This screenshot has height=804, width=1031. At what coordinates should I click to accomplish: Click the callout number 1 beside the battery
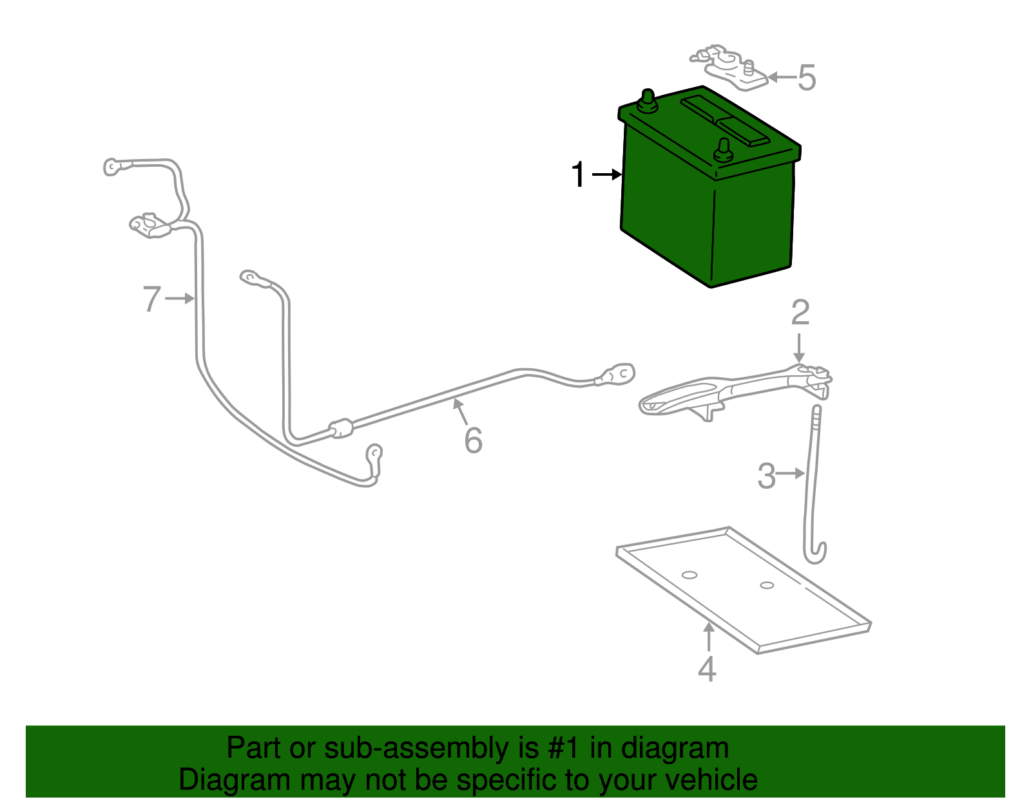[579, 175]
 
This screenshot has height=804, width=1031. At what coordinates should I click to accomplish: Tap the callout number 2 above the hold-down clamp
[800, 313]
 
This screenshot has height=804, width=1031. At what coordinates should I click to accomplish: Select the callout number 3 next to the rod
[766, 476]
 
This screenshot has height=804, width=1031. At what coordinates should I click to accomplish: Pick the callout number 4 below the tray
[707, 669]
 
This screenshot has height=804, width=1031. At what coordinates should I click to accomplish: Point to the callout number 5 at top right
[807, 78]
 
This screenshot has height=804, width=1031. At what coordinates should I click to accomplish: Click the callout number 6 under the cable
[473, 441]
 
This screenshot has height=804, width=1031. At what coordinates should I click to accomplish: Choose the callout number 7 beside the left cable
[151, 299]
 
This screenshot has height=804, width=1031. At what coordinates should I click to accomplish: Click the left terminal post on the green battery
[646, 102]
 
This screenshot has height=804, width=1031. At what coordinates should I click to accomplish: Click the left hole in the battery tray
[689, 575]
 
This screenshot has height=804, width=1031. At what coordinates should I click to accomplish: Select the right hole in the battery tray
[766, 585]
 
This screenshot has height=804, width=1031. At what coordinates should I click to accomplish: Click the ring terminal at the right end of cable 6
[619, 374]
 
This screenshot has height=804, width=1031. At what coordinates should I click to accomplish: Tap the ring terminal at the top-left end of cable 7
[113, 167]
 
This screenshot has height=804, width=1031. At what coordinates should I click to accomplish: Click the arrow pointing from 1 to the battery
[607, 174]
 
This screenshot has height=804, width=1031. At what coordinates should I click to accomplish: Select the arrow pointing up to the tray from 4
[709, 637]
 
